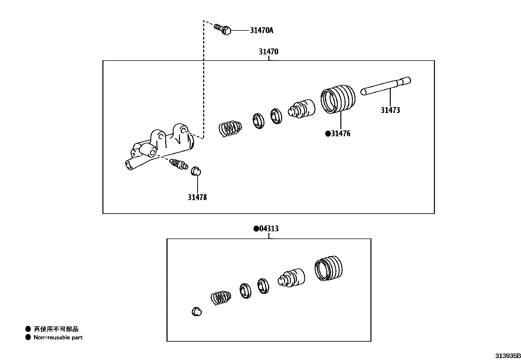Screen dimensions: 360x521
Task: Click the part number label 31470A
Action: click(x=261, y=30)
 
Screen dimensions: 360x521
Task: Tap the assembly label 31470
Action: click(x=268, y=52)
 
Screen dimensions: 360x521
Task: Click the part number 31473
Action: click(x=390, y=110)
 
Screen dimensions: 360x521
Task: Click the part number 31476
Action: click(x=340, y=134)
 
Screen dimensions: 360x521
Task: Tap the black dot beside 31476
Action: click(x=328, y=134)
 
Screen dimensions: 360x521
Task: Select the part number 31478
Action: click(x=197, y=198)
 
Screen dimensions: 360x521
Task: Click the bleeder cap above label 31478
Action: click(x=196, y=171)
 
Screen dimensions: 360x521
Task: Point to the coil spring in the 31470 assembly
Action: click(x=230, y=127)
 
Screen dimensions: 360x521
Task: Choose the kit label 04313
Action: click(x=269, y=229)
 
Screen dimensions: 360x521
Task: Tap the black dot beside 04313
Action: click(x=256, y=229)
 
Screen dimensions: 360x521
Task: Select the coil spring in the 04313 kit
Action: click(x=221, y=298)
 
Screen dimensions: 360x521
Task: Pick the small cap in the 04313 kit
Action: click(x=196, y=312)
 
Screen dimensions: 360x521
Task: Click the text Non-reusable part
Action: click(x=58, y=337)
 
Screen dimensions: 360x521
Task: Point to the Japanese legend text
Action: click(x=56, y=329)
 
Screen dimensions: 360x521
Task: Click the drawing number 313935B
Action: click(x=507, y=356)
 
